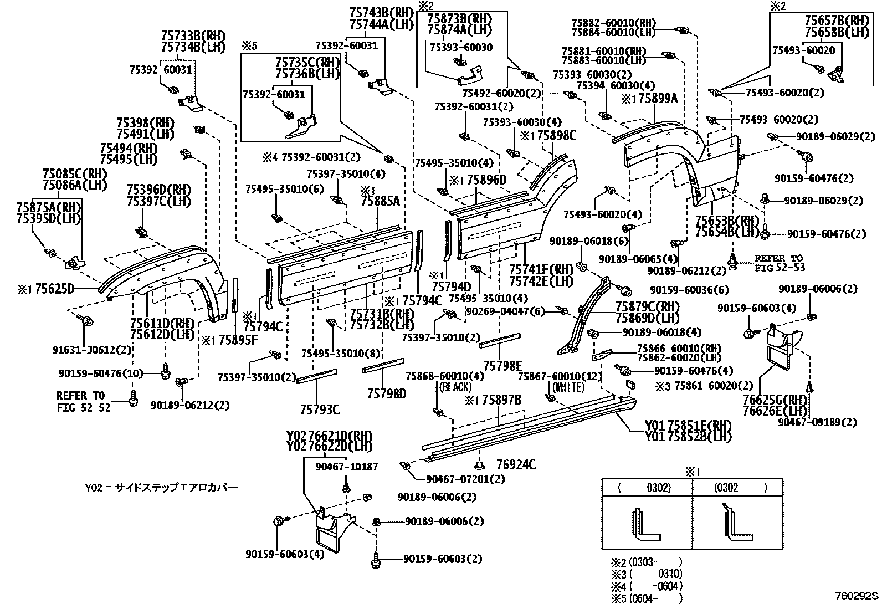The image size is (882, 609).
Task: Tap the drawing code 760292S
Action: pyautogui.click(x=857, y=596)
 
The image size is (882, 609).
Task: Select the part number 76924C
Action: pyautogui.click(x=515, y=465)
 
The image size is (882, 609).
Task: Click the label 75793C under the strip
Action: pyautogui.click(x=320, y=410)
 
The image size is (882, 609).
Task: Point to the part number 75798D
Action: pyautogui.click(x=386, y=393)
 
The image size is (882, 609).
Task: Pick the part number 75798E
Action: pyautogui.click(x=502, y=366)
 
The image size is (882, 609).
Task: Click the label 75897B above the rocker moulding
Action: pyautogui.click(x=501, y=400)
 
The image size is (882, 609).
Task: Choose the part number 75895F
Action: pyautogui.click(x=238, y=340)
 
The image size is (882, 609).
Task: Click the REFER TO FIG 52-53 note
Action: pyautogui.click(x=778, y=263)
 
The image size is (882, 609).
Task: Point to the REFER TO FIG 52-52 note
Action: pyautogui.click(x=84, y=402)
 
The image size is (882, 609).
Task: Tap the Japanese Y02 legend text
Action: pyautogui.click(x=161, y=488)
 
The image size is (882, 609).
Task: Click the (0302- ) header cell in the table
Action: pyautogui.click(x=737, y=488)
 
